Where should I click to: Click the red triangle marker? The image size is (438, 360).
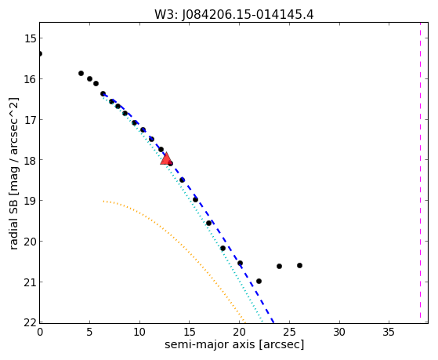(x=166, y=159)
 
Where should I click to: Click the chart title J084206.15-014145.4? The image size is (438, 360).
(x=248, y=14)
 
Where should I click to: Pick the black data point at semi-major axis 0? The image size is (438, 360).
(x=40, y=53)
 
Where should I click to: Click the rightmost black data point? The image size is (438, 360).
(x=300, y=265)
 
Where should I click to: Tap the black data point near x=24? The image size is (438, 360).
(x=280, y=266)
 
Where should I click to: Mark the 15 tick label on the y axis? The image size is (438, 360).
(x=31, y=38)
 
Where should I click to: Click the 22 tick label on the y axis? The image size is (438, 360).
(x=31, y=322)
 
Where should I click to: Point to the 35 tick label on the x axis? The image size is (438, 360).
(x=389, y=333)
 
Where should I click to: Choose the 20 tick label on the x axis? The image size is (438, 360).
(x=239, y=333)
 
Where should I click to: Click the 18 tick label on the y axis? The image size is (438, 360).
(x=31, y=160)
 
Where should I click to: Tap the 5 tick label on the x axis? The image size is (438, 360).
(x=89, y=333)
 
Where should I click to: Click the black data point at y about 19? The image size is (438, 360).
(x=196, y=199)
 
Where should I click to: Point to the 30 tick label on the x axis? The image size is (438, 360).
(x=339, y=333)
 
